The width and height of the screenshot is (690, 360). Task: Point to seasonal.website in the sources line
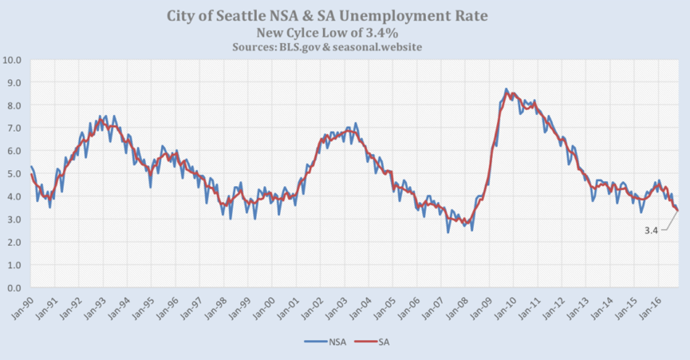377,47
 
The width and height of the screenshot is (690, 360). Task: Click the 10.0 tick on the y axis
12,60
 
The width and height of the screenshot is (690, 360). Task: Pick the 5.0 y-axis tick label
14,174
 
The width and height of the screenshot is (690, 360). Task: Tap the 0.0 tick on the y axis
14,288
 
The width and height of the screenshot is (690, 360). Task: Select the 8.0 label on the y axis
14,105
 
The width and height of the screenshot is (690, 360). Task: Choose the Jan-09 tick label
483,307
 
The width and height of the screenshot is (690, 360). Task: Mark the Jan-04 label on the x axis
361,307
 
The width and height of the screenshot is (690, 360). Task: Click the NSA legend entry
325,342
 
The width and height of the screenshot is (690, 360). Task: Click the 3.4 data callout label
651,230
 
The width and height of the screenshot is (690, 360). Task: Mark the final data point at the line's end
678,211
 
